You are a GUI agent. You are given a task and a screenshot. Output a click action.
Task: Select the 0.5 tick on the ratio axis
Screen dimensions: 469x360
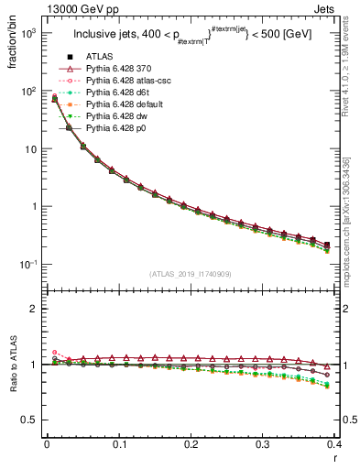click(x=33, y=420)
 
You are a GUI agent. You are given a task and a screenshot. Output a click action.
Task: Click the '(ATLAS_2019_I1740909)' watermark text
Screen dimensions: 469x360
click(x=191, y=274)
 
